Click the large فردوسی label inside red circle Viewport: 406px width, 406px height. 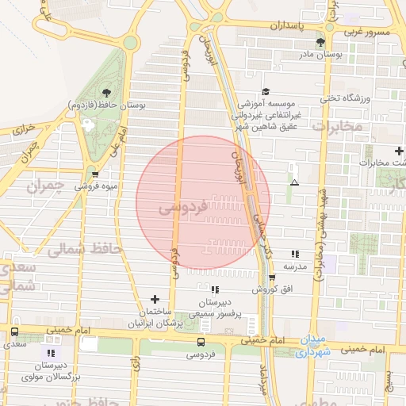pyautogui.click(x=183, y=207)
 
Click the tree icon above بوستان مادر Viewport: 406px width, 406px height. pyautogui.click(x=320, y=42)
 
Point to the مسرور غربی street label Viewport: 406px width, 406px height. pyautogui.click(x=368, y=33)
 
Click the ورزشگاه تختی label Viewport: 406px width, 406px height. pyautogui.click(x=345, y=98)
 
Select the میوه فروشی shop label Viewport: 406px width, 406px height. pyautogui.click(x=97, y=186)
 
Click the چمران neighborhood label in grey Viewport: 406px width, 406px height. pyautogui.click(x=45, y=187)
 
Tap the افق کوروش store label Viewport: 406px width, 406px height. pyautogui.click(x=273, y=289)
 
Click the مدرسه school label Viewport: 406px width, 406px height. pyautogui.click(x=295, y=266)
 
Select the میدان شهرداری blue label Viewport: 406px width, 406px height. pyautogui.click(x=313, y=347)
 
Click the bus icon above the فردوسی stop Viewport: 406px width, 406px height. pyautogui.click(x=200, y=343)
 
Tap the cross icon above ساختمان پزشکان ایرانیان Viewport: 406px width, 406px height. pyautogui.click(x=155, y=299)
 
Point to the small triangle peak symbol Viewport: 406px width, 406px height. pyautogui.click(x=295, y=182)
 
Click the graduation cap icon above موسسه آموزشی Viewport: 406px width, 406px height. pyautogui.click(x=266, y=92)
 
